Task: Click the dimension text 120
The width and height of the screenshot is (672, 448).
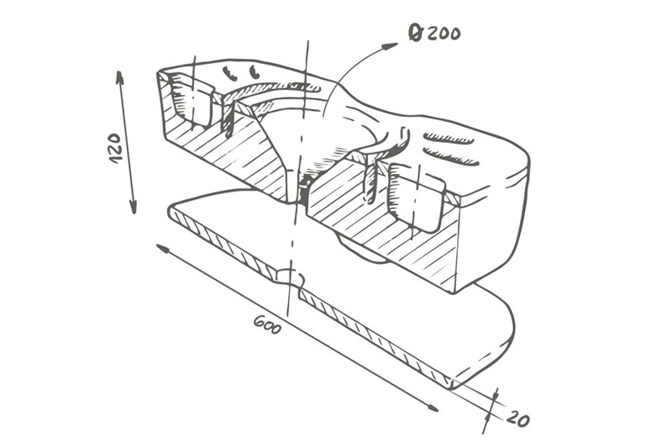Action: coord(116,147)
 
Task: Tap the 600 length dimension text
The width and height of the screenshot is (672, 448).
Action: coord(267,324)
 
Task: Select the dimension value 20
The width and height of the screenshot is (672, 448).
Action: coord(517,418)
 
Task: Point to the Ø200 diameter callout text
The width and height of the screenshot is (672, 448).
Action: coord(434,34)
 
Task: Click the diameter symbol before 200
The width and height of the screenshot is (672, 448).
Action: coord(415,34)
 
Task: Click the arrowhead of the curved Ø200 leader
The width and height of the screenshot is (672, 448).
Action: coord(391,45)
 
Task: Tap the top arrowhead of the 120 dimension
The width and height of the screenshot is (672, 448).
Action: coord(119,79)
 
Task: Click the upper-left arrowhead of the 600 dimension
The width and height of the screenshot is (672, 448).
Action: coord(163,249)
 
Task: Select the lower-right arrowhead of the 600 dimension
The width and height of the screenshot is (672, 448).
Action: coord(430,407)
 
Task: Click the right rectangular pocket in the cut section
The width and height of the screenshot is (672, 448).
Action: coord(416,196)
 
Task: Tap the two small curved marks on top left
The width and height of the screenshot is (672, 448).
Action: coord(242,72)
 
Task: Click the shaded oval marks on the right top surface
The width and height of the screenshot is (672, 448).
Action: coord(449,148)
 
